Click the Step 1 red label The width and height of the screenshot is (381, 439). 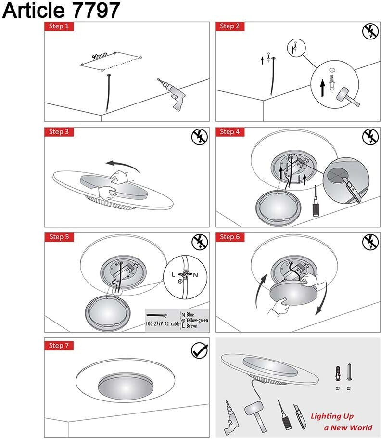pos(59,26)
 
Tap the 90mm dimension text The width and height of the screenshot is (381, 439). pos(100,56)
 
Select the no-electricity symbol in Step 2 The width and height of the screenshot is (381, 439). pos(370,31)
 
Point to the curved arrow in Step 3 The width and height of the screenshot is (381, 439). pos(123,166)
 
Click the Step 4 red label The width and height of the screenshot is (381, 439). pos(229,132)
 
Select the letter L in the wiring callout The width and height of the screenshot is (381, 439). pos(174,274)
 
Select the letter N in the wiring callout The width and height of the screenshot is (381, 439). pos(195,275)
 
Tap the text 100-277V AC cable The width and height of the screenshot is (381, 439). pos(163,323)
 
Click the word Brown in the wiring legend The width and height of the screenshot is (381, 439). pos(191,326)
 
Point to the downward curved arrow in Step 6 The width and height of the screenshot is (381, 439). pos(322,298)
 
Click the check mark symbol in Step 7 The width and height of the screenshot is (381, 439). pos(200,350)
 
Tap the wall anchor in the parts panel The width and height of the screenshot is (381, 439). pos(338,373)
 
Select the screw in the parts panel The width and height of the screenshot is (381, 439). pos(349,372)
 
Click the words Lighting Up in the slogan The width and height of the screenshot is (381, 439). pos(332,416)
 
